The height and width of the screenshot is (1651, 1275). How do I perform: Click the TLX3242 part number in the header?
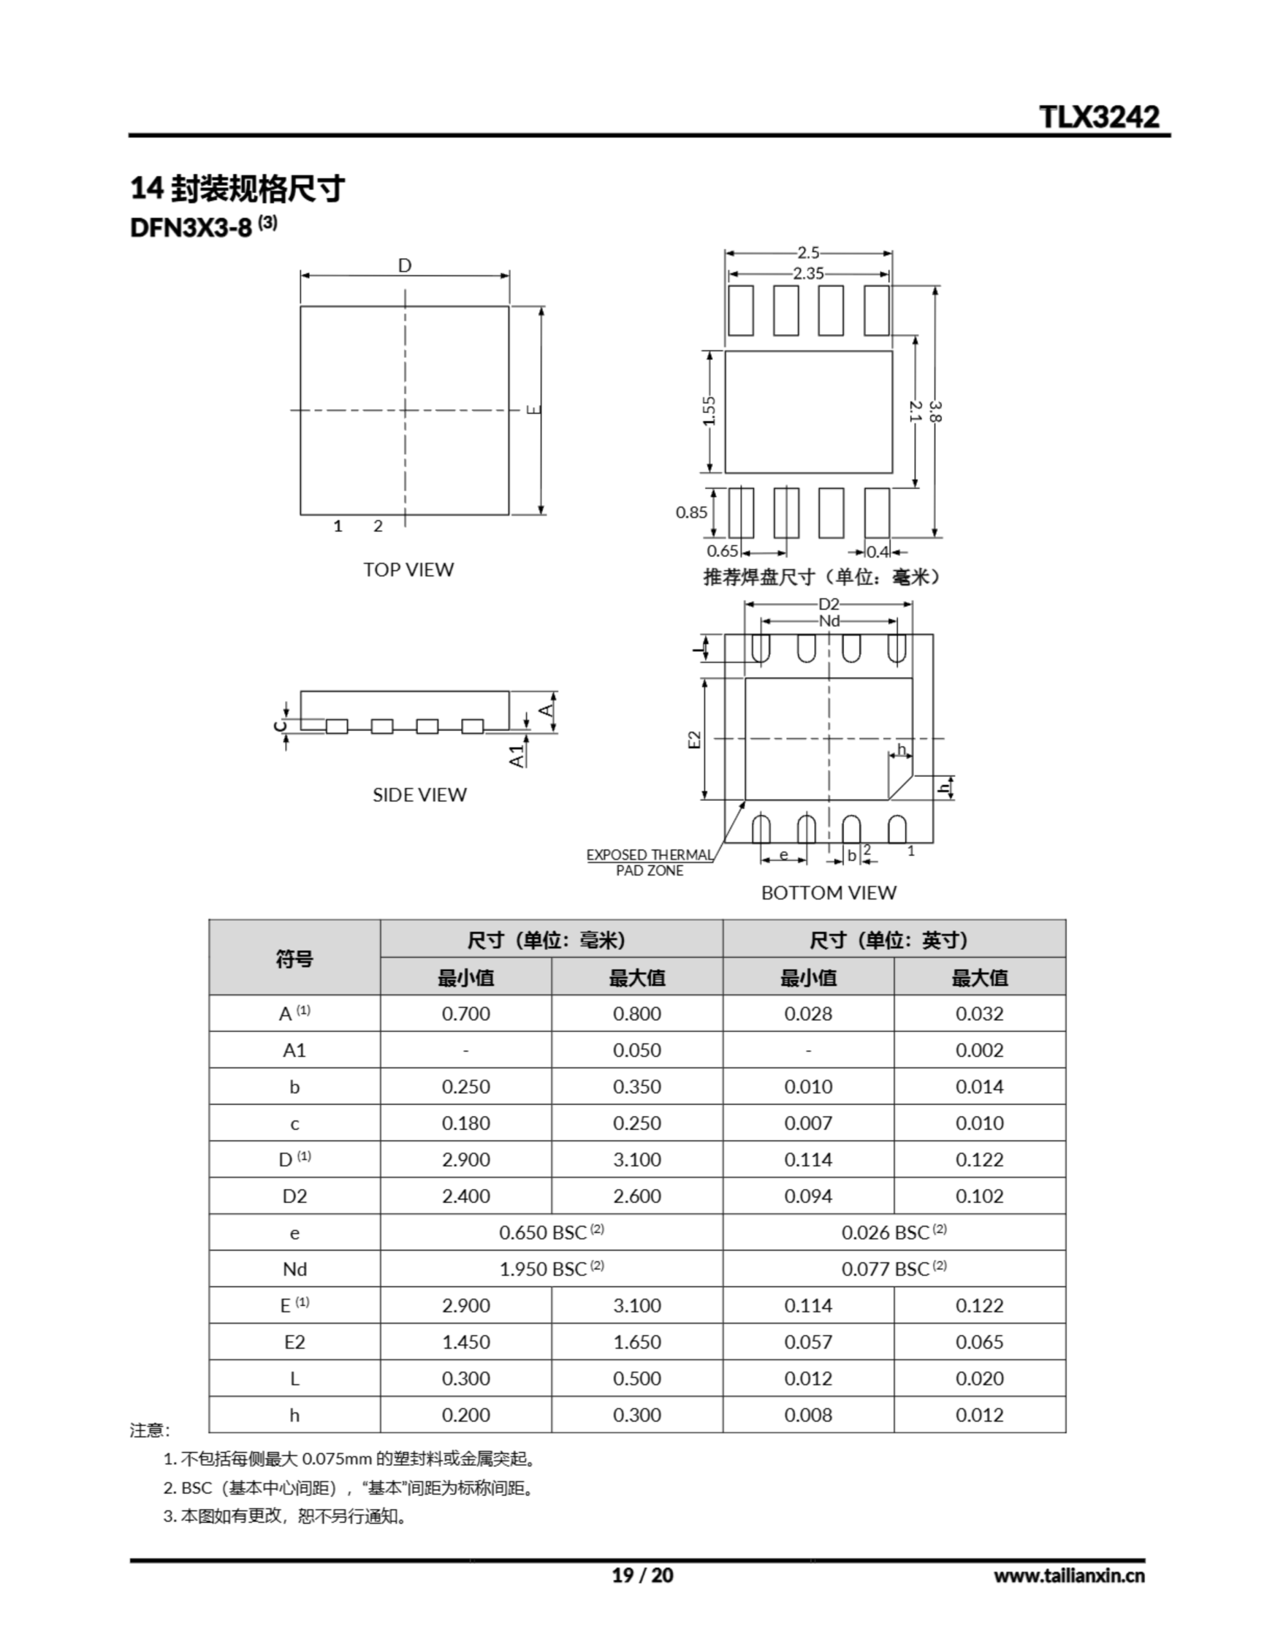click(x=1099, y=117)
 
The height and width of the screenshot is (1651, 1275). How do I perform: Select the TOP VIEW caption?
click(x=408, y=570)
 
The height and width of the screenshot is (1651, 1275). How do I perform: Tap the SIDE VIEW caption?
click(x=420, y=795)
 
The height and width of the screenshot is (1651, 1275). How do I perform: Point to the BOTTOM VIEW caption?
click(x=828, y=893)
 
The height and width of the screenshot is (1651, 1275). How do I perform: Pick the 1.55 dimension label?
click(x=709, y=412)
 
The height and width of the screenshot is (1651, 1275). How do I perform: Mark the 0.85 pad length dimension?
click(x=692, y=513)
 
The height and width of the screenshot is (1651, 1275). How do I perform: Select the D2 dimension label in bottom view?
click(x=829, y=604)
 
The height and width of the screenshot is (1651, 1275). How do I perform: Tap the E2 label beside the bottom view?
click(x=695, y=739)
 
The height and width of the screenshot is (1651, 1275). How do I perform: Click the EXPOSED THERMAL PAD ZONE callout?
click(x=649, y=862)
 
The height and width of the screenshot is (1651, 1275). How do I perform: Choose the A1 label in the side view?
click(x=517, y=755)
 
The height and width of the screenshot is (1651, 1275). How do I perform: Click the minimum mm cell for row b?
click(x=465, y=1087)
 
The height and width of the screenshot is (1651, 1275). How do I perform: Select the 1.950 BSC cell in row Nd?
click(x=551, y=1269)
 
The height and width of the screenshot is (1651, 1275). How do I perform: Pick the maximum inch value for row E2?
click(x=980, y=1342)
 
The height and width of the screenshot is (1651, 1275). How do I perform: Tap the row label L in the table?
click(x=295, y=1379)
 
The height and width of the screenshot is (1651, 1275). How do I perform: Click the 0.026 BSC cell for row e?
click(x=893, y=1233)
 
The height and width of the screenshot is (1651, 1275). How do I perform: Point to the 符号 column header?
click(x=295, y=958)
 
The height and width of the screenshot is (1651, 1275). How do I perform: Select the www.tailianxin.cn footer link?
click(x=1069, y=1576)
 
